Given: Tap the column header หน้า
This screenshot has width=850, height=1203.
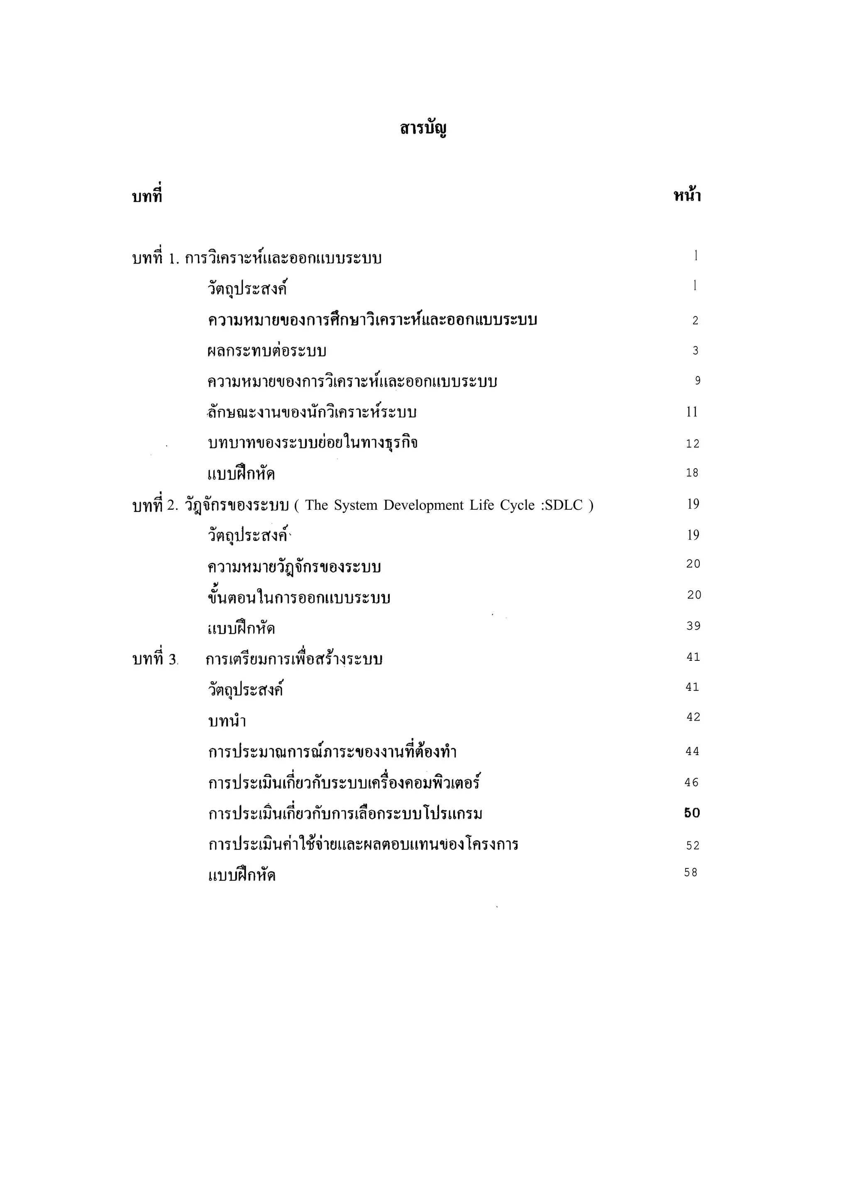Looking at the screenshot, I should (x=686, y=196).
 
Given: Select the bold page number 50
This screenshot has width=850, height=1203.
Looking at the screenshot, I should (x=692, y=813).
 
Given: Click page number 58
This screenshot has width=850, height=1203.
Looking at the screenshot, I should (x=691, y=873).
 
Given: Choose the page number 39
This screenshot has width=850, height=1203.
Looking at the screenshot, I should (x=694, y=626).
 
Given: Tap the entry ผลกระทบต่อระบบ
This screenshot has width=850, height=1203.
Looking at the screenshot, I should (x=267, y=350).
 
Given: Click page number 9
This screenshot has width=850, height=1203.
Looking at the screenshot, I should (x=698, y=381).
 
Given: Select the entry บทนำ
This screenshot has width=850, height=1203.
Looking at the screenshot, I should (x=227, y=721).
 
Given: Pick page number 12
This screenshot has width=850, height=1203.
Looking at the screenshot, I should (x=692, y=444).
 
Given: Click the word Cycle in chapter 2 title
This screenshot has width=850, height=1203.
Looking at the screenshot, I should (x=517, y=505).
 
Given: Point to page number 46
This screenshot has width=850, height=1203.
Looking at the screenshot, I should (x=691, y=782).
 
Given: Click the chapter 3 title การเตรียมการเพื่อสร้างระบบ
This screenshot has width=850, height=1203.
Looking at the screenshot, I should (x=294, y=659).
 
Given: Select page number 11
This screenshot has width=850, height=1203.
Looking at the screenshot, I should (x=692, y=412).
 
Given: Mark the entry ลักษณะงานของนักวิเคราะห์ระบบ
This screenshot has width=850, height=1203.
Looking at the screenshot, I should (x=312, y=412).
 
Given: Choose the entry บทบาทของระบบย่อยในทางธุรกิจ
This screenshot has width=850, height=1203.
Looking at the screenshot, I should (x=313, y=443).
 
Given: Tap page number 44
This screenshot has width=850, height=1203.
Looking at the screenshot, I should (x=692, y=751).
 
